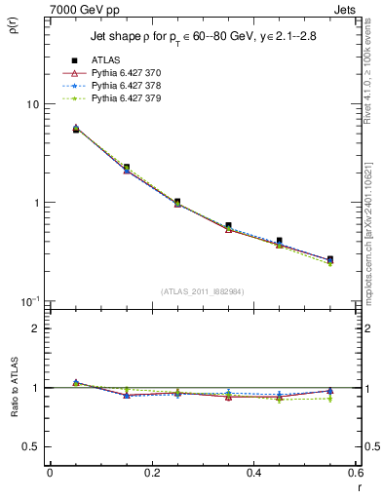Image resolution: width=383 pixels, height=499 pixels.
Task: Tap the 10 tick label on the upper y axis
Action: pos(31,104)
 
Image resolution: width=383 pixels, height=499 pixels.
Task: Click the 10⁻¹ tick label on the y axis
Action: pos(29,301)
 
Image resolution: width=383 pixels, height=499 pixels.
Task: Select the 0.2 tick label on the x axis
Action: pos(151,473)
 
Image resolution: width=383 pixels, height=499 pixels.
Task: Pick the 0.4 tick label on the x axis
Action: pos(253,473)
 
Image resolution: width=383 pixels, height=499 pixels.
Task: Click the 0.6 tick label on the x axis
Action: pos(355,473)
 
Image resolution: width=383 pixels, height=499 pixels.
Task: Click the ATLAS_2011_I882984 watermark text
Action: pos(202,291)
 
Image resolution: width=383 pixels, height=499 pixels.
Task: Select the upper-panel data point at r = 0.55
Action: pos(330,260)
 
